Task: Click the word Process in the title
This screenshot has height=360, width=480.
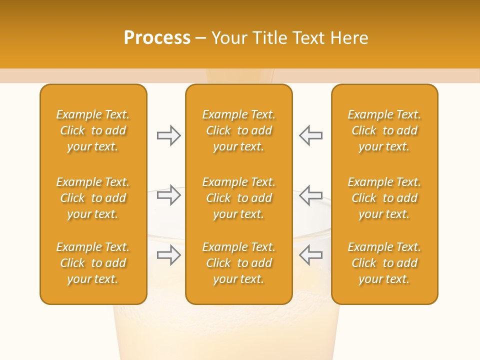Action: click(157, 38)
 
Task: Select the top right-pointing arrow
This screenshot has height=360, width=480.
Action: click(168, 135)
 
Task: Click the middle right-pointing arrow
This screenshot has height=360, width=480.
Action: click(168, 195)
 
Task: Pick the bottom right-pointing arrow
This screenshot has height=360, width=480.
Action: click(168, 255)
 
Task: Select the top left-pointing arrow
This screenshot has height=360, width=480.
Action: click(310, 135)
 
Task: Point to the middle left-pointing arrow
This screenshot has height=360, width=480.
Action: click(310, 195)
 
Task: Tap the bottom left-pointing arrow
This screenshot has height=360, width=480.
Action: click(310, 255)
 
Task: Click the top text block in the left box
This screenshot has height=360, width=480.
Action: click(93, 130)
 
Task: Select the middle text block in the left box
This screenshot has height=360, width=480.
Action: click(93, 198)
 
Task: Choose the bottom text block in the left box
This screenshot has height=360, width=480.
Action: click(93, 263)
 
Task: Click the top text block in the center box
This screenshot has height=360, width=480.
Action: click(239, 130)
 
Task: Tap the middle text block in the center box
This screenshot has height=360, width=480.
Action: click(239, 198)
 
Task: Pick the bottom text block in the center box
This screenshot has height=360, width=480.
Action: click(239, 263)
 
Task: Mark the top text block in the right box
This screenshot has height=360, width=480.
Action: click(384, 130)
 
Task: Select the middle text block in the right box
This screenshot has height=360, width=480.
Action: click(384, 198)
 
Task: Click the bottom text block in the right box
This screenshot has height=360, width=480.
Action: click(384, 263)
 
